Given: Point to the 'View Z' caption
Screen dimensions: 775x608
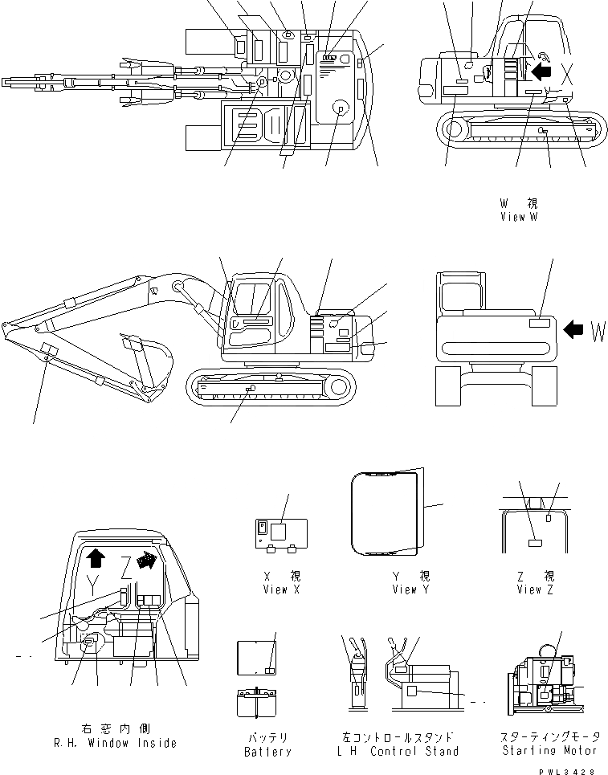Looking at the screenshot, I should [x=529, y=589].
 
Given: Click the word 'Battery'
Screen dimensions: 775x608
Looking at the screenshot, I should [x=267, y=752].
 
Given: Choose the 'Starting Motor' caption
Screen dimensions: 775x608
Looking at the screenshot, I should [x=550, y=750].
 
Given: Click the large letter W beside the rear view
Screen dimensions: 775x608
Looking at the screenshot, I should [x=597, y=331].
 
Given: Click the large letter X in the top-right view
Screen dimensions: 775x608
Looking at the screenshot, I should [x=568, y=74].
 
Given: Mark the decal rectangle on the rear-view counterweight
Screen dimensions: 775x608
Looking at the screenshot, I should [x=540, y=323].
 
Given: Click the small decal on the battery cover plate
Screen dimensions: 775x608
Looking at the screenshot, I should [x=270, y=670].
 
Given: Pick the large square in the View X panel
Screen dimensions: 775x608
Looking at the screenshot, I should [x=279, y=531].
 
